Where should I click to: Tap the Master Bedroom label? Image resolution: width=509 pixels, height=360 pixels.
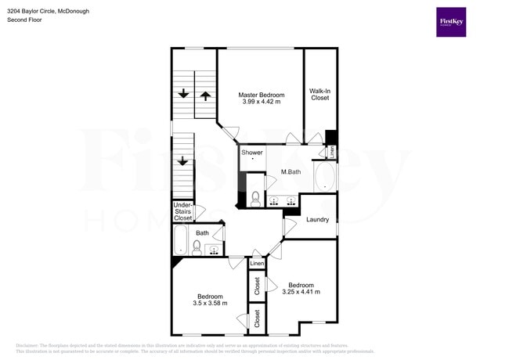click(x=262, y=95)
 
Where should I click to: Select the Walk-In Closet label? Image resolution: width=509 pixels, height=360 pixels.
click(x=319, y=95)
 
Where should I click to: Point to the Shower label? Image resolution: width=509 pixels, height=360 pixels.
click(x=252, y=153)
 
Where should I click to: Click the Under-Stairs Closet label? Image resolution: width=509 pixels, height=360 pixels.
click(x=183, y=211)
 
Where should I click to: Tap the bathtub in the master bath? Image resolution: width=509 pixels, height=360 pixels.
click(x=324, y=177)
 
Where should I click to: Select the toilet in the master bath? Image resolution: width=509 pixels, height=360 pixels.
click(x=254, y=198)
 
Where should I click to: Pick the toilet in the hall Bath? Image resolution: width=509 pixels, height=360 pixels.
click(x=197, y=249)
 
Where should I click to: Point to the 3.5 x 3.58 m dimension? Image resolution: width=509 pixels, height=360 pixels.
click(x=210, y=304)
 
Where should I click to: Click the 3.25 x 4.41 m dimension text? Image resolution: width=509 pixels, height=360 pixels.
click(x=301, y=292)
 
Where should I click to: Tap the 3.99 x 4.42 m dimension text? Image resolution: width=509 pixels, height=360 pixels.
click(x=262, y=103)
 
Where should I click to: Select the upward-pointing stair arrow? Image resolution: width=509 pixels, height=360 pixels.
click(x=205, y=95)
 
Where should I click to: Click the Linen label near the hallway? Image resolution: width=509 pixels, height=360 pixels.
click(x=257, y=264)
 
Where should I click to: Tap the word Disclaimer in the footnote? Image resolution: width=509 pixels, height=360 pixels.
click(x=27, y=345)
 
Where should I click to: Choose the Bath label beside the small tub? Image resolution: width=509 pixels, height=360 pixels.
click(x=202, y=232)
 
